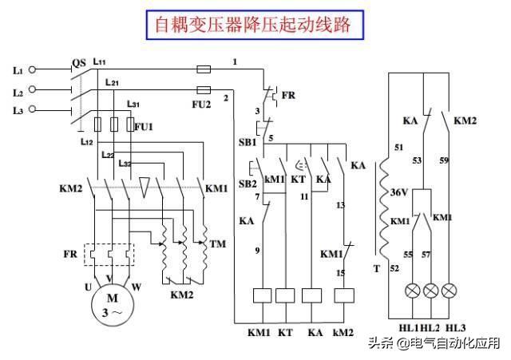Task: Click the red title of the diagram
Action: (x=254, y=25)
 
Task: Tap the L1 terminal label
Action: (x=18, y=70)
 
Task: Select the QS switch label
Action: (x=78, y=62)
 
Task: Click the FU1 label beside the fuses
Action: (x=144, y=126)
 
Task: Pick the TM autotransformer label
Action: (x=216, y=243)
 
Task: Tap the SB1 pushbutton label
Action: (x=246, y=142)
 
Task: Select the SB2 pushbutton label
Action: (x=248, y=184)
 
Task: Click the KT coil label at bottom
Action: (x=285, y=331)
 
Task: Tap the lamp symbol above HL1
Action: (x=414, y=290)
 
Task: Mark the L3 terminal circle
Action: (x=34, y=109)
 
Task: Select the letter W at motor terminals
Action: (x=137, y=285)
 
